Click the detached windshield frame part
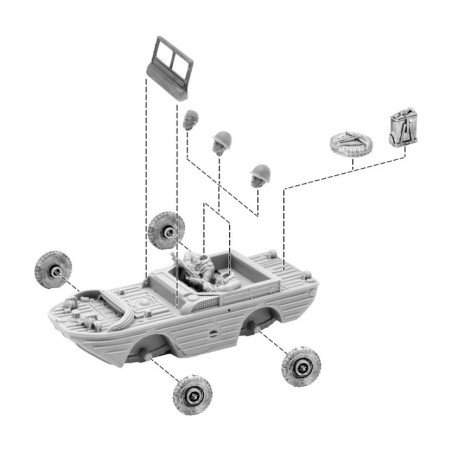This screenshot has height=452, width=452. (x=171, y=67)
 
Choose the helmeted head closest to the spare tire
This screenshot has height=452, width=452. (x=261, y=176)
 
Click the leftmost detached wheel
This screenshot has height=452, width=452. (x=50, y=267)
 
